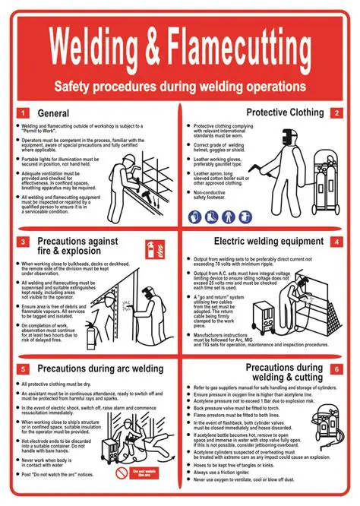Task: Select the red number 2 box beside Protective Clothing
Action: (336, 112)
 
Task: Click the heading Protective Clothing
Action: (283, 112)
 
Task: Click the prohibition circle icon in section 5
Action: (122, 473)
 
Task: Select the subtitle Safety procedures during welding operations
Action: (179, 87)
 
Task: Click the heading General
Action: (54, 113)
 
